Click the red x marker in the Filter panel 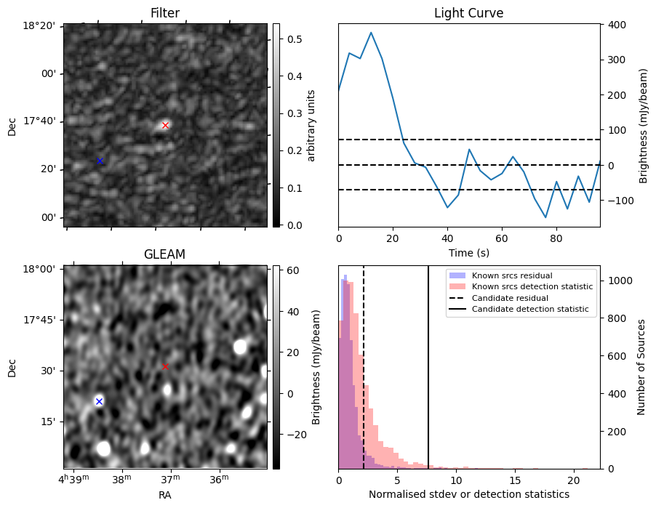tap(165, 125)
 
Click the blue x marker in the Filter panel tap(100, 161)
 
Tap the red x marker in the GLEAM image tap(165, 366)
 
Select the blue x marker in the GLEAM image tap(99, 401)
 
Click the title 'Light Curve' tap(468, 13)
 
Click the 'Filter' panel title tap(165, 13)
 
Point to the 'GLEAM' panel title tap(165, 254)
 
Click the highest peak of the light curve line tap(371, 33)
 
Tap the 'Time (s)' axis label tap(468, 253)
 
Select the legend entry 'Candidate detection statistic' tap(530, 310)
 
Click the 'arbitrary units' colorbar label tap(311, 125)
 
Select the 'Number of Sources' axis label tap(641, 367)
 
